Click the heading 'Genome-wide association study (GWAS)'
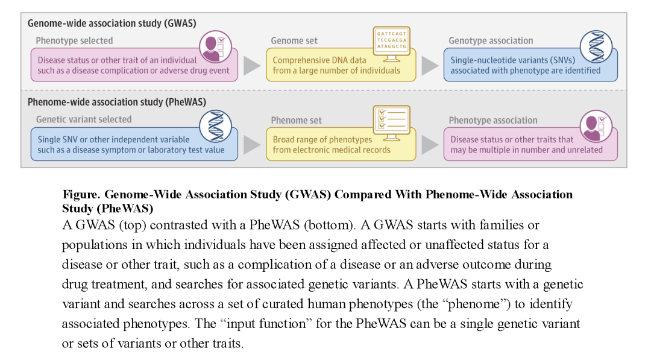(x=112, y=24)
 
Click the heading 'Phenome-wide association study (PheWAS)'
(x=117, y=102)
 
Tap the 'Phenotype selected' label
(x=74, y=41)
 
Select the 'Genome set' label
(x=294, y=41)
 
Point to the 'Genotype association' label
(x=491, y=41)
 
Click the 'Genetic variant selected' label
(x=84, y=119)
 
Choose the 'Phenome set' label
(x=297, y=120)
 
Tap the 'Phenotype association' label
(x=493, y=120)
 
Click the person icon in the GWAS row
(x=215, y=47)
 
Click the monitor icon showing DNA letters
(x=392, y=43)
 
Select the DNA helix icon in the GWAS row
(x=596, y=47)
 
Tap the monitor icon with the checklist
(x=392, y=122)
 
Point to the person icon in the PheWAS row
(x=596, y=127)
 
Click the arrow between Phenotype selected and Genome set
(x=252, y=66)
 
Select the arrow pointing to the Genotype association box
(x=430, y=66)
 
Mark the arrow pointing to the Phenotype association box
(x=430, y=145)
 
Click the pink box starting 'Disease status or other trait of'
(x=134, y=66)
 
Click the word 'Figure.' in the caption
(x=81, y=195)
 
